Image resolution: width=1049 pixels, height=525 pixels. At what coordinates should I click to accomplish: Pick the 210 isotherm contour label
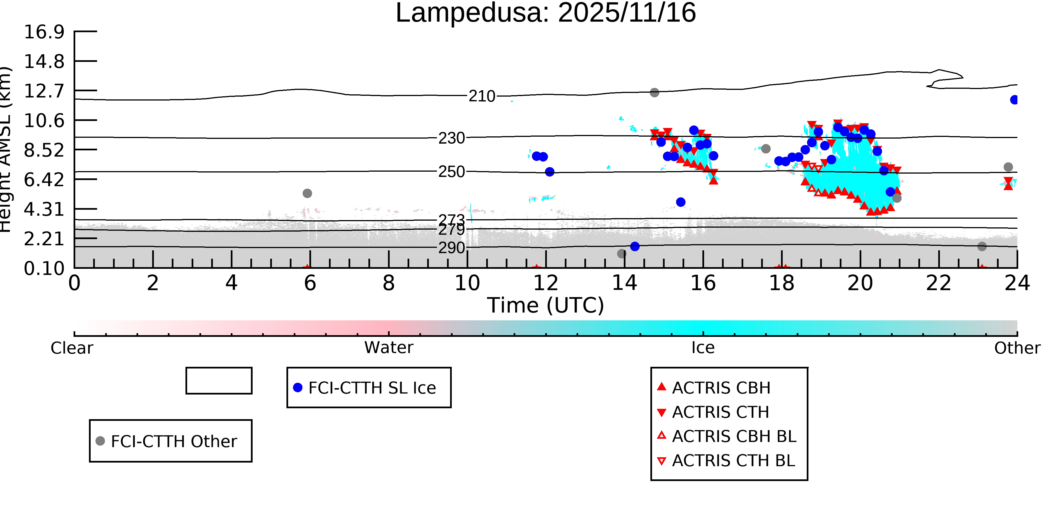(x=482, y=97)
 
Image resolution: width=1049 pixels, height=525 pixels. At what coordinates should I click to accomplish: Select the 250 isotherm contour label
(x=451, y=172)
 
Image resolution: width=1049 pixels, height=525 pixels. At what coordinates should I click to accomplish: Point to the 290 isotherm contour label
(x=451, y=248)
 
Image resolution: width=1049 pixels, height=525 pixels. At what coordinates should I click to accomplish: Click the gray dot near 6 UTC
(x=307, y=193)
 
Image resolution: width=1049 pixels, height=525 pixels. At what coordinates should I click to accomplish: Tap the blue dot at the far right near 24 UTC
(x=1014, y=100)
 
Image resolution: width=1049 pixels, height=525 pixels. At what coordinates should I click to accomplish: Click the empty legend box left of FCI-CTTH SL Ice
(x=219, y=381)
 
